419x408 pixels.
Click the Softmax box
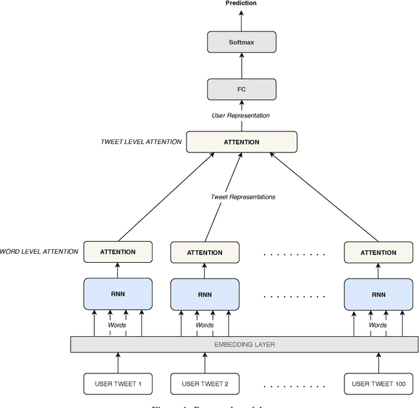241,42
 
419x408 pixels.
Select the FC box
241,90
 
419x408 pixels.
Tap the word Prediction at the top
241,4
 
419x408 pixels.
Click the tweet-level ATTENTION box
241,142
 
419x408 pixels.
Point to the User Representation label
241,116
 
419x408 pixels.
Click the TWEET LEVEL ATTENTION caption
141,142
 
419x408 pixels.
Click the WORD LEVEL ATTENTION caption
39,252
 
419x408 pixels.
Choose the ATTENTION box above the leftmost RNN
118,252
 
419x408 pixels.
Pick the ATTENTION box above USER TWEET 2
204,252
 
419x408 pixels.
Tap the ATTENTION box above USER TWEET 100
378,252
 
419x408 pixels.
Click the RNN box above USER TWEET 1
118,294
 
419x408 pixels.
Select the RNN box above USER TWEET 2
204,294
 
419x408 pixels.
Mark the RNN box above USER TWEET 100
378,294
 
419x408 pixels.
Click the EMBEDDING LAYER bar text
244,344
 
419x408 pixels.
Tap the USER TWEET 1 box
118,383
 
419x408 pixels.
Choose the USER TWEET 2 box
204,383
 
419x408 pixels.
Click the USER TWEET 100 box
378,383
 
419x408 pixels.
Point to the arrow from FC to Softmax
241,67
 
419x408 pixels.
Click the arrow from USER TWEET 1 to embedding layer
118,363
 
